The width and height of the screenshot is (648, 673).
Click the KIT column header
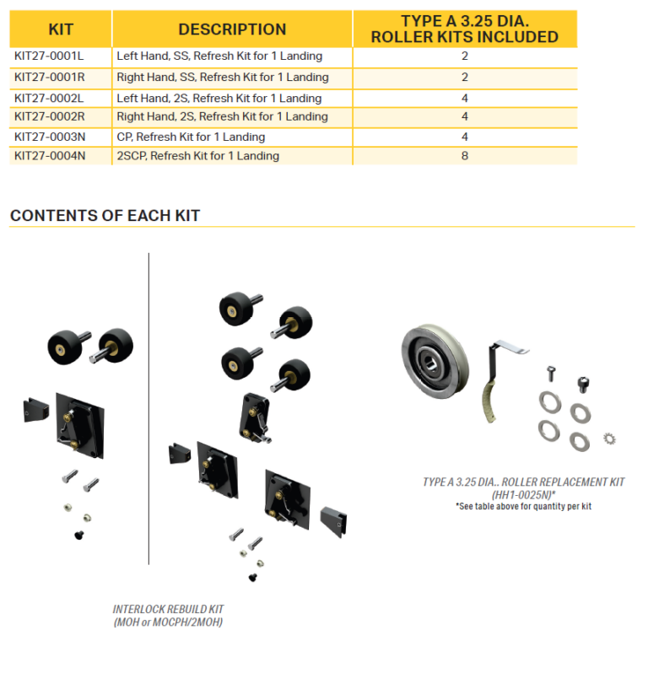(x=61, y=30)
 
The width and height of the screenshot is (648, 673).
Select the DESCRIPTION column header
(x=232, y=30)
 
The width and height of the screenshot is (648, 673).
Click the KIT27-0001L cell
(x=49, y=56)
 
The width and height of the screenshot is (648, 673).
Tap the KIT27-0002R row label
(x=50, y=116)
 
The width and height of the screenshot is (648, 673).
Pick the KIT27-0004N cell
(x=50, y=155)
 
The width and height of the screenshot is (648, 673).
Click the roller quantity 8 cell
(x=465, y=155)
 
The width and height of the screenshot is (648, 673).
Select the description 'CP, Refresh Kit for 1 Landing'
(x=191, y=137)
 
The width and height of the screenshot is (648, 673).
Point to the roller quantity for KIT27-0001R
(x=465, y=78)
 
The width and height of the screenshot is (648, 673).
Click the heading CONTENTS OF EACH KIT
(x=105, y=215)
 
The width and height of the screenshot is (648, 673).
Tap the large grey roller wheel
(x=435, y=362)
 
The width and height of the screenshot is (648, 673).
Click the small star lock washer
(x=609, y=439)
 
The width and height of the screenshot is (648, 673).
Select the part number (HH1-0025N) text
(x=523, y=495)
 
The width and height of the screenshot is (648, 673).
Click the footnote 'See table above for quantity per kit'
(x=523, y=507)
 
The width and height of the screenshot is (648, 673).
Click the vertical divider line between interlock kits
(x=149, y=408)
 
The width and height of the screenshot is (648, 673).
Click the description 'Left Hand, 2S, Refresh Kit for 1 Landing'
(x=219, y=99)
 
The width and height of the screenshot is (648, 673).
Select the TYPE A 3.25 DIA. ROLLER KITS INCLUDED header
(x=465, y=30)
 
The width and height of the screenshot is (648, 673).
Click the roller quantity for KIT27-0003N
(x=465, y=137)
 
